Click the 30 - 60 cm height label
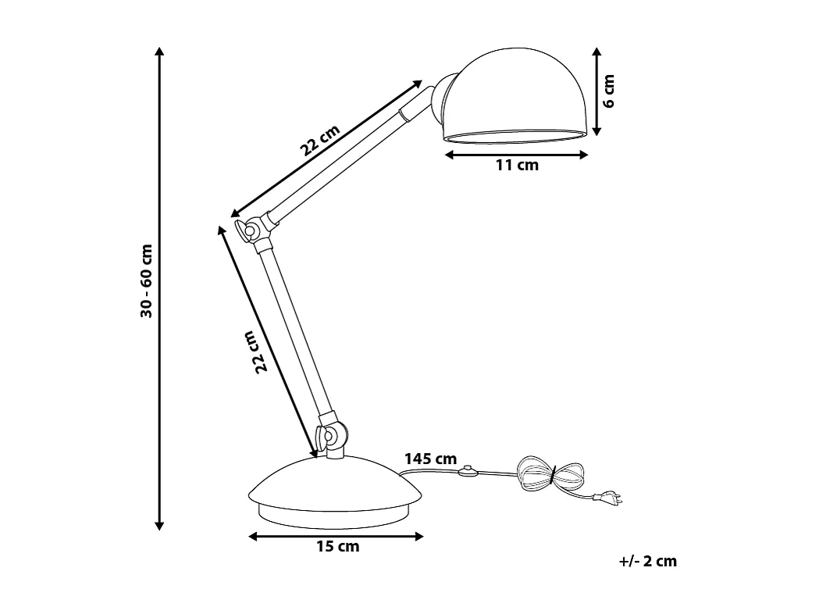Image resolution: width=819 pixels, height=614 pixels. (146, 281)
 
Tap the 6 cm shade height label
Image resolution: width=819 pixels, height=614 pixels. (609, 91)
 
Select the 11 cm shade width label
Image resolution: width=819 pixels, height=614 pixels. (517, 165)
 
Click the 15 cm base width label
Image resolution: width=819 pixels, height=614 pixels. (337, 546)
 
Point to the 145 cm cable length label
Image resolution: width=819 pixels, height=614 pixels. (430, 459)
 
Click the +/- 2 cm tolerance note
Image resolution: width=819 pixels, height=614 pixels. (647, 561)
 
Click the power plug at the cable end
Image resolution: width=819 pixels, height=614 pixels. (607, 496)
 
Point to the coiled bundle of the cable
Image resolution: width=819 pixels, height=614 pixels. (550, 473)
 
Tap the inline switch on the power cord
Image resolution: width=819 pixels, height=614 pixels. (468, 471)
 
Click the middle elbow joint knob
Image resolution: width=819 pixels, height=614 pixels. (251, 230)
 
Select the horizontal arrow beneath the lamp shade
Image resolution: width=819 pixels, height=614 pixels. (516, 155)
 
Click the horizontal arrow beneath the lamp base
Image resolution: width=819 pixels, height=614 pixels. (336, 536)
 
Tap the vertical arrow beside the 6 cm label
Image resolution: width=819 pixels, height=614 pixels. (596, 91)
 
